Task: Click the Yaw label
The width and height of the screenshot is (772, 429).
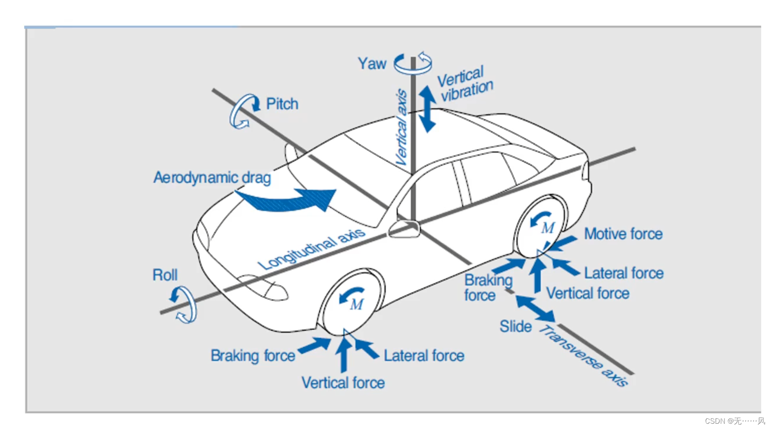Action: click(372, 64)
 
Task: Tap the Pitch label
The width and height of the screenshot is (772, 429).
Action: click(282, 104)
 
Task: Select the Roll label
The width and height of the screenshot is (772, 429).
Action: click(165, 275)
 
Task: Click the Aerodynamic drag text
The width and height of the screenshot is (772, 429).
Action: click(212, 178)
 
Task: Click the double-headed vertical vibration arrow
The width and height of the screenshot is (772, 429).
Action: click(427, 109)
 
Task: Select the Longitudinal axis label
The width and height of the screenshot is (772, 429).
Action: click(311, 249)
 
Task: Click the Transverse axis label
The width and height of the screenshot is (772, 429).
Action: click(584, 356)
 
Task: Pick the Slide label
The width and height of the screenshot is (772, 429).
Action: click(515, 326)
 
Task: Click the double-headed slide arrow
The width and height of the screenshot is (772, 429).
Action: click(535, 308)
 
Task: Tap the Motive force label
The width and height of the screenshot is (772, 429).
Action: click(623, 234)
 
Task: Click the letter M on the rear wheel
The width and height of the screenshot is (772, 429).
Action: click(548, 228)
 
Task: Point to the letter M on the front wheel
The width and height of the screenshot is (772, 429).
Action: click(357, 304)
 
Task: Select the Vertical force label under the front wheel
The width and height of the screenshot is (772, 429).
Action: click(343, 383)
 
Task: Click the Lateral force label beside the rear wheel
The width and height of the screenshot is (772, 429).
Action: click(624, 273)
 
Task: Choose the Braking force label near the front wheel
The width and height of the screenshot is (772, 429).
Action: click(253, 355)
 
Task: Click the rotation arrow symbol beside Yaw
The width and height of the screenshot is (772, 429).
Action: click(413, 63)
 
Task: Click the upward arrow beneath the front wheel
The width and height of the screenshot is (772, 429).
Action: click(344, 355)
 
